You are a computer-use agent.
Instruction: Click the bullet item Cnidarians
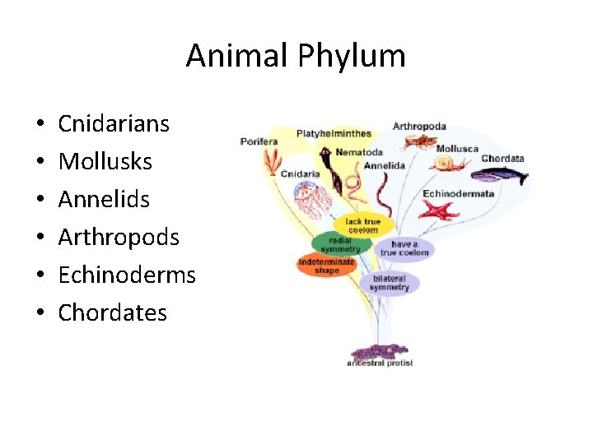(114, 124)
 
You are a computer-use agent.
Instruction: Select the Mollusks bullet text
(105, 162)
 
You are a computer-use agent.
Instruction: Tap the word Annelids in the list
(104, 200)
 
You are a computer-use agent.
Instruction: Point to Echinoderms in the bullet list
(127, 275)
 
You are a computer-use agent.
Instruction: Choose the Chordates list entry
(113, 312)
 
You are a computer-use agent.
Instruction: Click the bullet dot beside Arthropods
(40, 238)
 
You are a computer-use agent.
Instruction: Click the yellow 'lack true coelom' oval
(362, 226)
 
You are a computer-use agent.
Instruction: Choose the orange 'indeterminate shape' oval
(326, 266)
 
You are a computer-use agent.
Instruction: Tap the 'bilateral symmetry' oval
(390, 284)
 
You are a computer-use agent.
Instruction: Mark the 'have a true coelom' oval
(404, 248)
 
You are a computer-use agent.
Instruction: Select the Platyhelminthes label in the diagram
(334, 133)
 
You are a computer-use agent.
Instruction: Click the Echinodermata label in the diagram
(459, 194)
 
